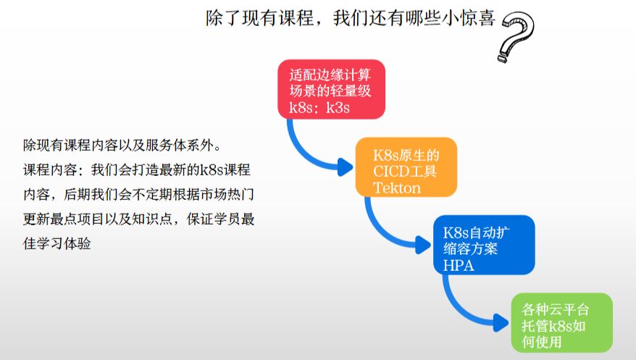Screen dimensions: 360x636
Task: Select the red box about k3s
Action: pyautogui.click(x=331, y=89)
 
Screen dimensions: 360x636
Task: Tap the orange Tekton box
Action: pyautogui.click(x=406, y=167)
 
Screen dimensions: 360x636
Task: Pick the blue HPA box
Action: pyautogui.click(x=483, y=245)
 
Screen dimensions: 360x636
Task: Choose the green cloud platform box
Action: pyautogui.click(x=561, y=322)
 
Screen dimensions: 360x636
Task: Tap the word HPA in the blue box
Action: pyautogui.click(x=458, y=265)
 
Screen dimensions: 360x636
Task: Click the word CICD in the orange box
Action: pyautogui.click(x=392, y=171)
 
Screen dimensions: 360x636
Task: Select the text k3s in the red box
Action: pyautogui.click(x=337, y=109)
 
